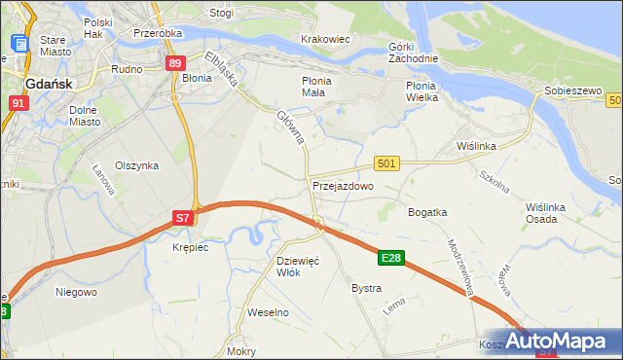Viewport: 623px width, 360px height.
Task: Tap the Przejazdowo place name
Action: click(343, 185)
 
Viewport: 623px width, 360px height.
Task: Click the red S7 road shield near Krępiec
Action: click(183, 219)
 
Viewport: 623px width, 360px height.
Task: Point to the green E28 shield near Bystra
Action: click(391, 258)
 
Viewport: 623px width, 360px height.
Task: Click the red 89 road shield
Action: click(174, 63)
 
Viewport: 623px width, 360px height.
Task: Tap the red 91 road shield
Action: click(18, 101)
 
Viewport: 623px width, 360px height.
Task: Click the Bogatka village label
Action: click(427, 211)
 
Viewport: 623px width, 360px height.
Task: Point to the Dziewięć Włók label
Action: click(299, 266)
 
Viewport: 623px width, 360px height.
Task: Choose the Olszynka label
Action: click(136, 165)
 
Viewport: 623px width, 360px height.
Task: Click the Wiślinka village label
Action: click(477, 146)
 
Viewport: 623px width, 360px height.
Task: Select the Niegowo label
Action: click(76, 291)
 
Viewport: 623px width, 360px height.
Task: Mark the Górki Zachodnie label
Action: click(413, 53)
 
